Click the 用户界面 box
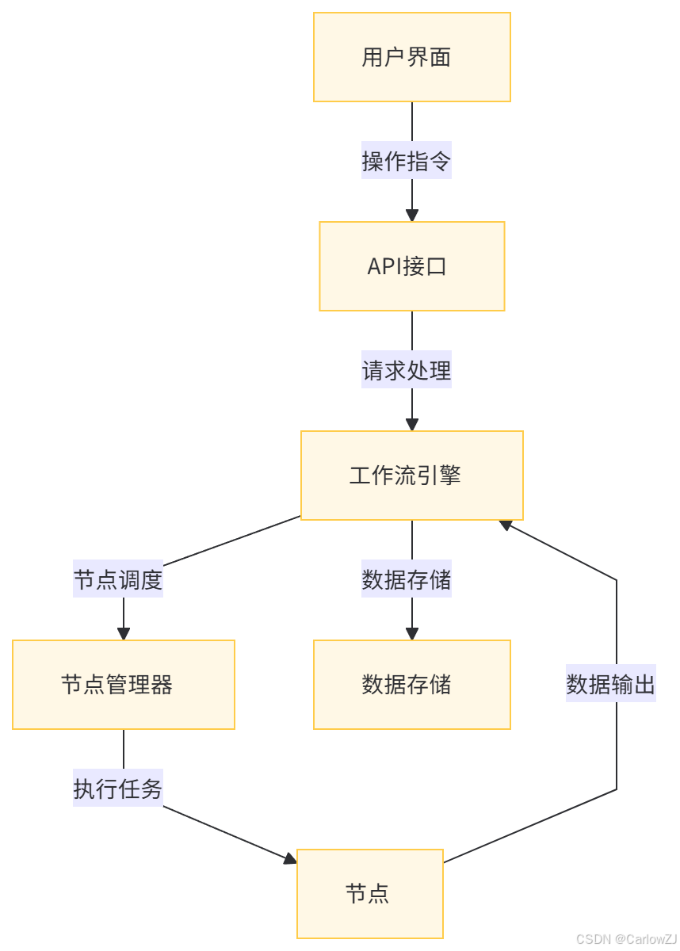point(411,57)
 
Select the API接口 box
point(411,266)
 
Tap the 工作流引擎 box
point(411,475)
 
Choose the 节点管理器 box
point(123,685)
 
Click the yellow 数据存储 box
point(411,685)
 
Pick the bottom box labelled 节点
point(369,894)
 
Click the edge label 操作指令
point(407,162)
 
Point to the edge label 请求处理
point(407,371)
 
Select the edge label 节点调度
point(118,580)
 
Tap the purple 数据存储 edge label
point(407,580)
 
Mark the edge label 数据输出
point(611,685)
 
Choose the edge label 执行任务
point(118,789)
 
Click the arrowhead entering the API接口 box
point(411,216)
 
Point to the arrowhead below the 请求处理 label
point(411,425)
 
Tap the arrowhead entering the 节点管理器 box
point(123,634)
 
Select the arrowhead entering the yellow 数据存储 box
point(411,634)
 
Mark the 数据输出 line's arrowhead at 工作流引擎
point(506,525)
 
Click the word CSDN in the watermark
point(590,938)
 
